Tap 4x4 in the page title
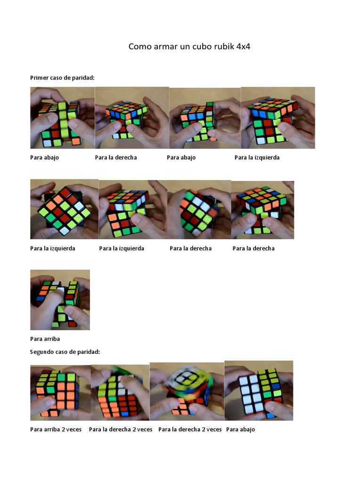[x=244, y=47]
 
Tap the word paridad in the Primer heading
[x=84, y=77]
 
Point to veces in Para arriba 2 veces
[x=74, y=429]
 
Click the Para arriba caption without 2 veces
[x=45, y=338]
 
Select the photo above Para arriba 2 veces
[x=60, y=393]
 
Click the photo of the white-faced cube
[x=258, y=391]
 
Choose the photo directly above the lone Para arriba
[x=60, y=299]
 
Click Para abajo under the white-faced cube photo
[x=240, y=429]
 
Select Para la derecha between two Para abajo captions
[x=115, y=157]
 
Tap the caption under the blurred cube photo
[x=190, y=429]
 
